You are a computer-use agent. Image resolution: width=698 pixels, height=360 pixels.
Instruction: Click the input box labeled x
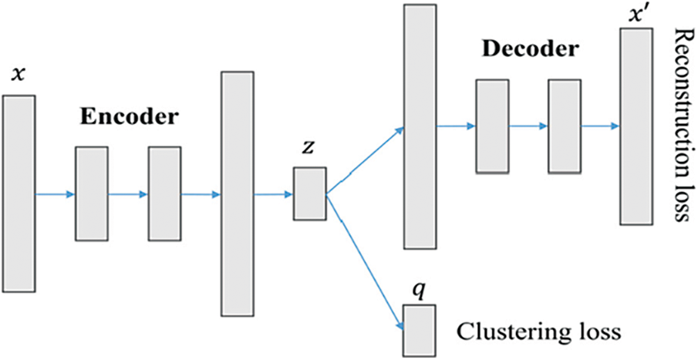point(19,193)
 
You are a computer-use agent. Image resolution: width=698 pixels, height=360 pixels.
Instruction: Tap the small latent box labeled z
point(310,193)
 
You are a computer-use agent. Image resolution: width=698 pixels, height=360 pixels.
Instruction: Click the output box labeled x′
point(636,126)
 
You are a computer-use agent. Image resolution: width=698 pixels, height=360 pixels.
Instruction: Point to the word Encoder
point(128,117)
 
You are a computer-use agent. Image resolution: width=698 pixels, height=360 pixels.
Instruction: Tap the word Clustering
point(494,331)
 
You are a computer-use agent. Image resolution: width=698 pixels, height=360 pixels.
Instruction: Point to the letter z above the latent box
point(308,148)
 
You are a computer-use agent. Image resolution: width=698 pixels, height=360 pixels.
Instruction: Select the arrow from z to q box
point(365,261)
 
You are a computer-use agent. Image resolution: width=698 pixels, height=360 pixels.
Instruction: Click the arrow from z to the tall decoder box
point(365,161)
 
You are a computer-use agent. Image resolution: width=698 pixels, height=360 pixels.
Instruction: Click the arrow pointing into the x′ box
point(600,126)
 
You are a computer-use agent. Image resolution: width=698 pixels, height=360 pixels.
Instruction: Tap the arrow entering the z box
point(273,194)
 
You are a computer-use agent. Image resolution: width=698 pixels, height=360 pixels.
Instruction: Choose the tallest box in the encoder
point(238,193)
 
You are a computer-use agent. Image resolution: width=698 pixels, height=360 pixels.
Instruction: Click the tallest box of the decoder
point(420,126)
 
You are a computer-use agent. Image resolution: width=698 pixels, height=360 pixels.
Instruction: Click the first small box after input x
point(92,193)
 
